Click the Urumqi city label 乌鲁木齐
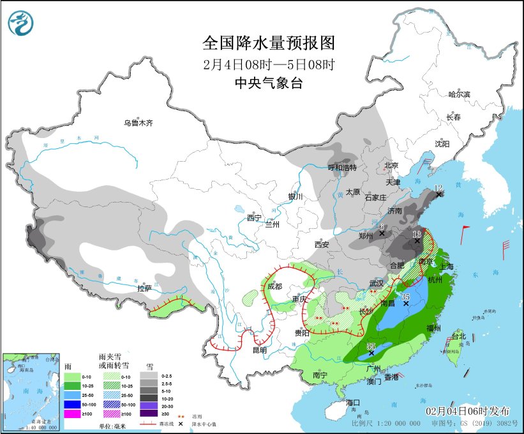click(138, 123)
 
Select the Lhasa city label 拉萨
click(144, 288)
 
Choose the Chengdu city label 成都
click(275, 287)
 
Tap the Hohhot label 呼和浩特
click(342, 167)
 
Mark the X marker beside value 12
click(438, 194)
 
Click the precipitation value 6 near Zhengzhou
click(381, 226)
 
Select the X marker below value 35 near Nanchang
click(405, 304)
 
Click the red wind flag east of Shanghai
click(465, 229)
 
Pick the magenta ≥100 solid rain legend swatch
click(74, 414)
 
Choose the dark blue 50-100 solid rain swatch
click(74, 405)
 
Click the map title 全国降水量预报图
click(268, 43)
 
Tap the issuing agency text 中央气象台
click(268, 82)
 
